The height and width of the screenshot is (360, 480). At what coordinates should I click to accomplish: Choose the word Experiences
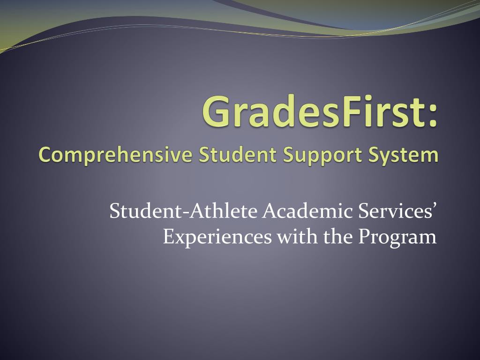[217, 237]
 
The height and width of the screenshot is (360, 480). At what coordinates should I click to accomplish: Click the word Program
[397, 238]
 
